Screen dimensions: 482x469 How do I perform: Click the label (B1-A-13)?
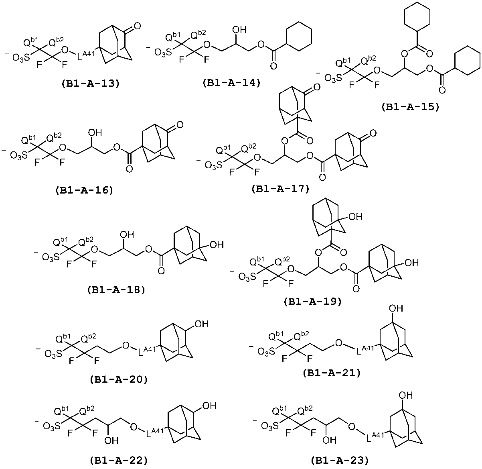click(x=90, y=84)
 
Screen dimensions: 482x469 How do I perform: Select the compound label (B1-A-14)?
click(x=232, y=83)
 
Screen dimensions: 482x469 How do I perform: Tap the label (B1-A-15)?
click(x=410, y=107)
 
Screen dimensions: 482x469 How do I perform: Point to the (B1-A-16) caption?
click(x=84, y=190)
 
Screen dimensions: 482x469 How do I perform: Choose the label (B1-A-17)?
click(x=281, y=189)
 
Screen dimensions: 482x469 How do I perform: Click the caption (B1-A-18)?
click(x=116, y=290)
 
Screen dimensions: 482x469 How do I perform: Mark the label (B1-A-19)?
click(x=313, y=301)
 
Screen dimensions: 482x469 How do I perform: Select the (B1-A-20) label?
click(x=119, y=379)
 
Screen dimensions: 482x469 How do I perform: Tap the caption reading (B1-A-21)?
click(x=332, y=373)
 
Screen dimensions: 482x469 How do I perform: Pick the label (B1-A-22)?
click(x=119, y=460)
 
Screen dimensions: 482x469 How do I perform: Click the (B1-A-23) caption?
click(x=340, y=460)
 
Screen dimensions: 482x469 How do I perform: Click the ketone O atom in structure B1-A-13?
click(x=137, y=26)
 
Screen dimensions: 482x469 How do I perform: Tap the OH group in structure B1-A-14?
click(x=239, y=30)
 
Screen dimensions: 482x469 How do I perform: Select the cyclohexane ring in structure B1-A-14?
click(x=299, y=37)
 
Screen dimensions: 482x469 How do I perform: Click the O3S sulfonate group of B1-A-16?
click(x=19, y=155)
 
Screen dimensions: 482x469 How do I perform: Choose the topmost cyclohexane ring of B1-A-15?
click(x=417, y=16)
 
